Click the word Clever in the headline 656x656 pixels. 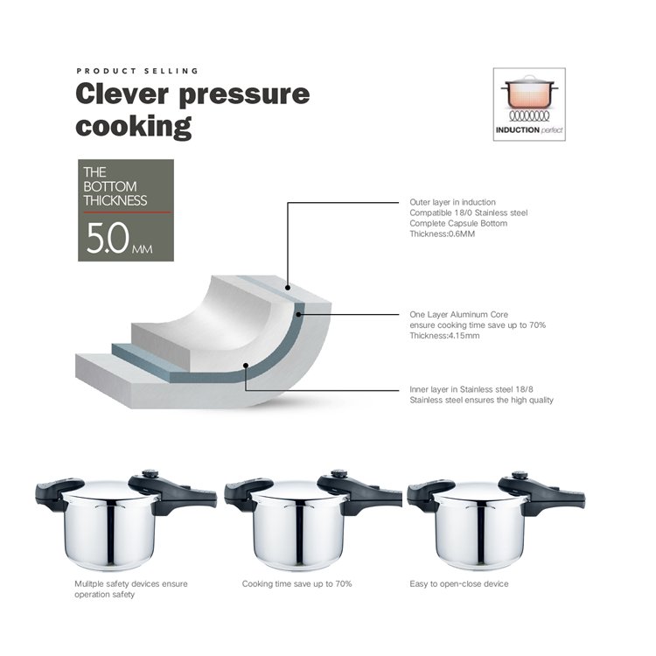pyautogui.click(x=122, y=94)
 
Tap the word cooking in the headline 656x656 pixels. pyautogui.click(x=134, y=126)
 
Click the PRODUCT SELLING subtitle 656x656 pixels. pyautogui.click(x=137, y=71)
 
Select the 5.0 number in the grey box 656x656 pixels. pyautogui.click(x=108, y=238)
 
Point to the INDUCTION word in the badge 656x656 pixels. pyautogui.click(x=518, y=130)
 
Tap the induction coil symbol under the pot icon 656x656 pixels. pyautogui.click(x=529, y=115)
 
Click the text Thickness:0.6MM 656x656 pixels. pyautogui.click(x=443, y=234)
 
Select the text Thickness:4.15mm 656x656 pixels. pyautogui.click(x=444, y=336)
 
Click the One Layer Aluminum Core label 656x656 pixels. pyautogui.click(x=459, y=314)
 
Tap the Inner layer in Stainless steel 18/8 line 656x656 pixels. pyautogui.click(x=471, y=389)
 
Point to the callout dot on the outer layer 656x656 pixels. pyautogui.click(x=288, y=288)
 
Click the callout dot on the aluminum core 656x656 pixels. pyautogui.click(x=298, y=314)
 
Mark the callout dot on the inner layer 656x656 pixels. pyautogui.click(x=246, y=366)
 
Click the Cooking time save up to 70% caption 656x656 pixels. pyautogui.click(x=297, y=583)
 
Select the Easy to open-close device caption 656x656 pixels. pyautogui.click(x=459, y=583)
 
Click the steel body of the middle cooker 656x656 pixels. pyautogui.click(x=298, y=532)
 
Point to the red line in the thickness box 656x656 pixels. pyautogui.click(x=127, y=213)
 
